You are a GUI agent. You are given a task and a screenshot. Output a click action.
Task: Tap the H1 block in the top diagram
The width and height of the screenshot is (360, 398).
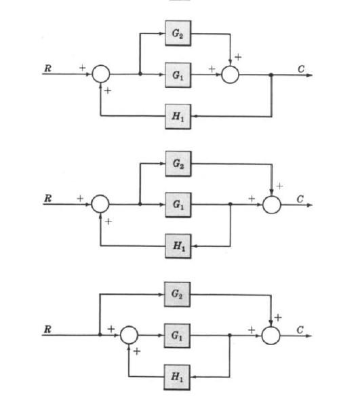177,117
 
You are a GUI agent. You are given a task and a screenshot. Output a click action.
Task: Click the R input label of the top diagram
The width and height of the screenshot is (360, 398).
47,68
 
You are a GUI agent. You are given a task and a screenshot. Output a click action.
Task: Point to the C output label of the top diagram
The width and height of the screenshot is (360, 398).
300,68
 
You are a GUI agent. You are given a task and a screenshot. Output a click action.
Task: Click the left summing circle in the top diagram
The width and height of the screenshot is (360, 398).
100,74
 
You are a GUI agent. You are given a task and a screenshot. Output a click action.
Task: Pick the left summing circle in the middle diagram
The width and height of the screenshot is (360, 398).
100,203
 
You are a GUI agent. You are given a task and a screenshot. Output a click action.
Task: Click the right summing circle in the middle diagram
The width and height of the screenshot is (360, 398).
271,203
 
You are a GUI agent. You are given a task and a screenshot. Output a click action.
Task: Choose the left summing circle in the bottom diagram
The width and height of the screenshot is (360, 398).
129,335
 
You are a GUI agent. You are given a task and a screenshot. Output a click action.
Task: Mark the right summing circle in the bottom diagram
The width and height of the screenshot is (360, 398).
271,335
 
